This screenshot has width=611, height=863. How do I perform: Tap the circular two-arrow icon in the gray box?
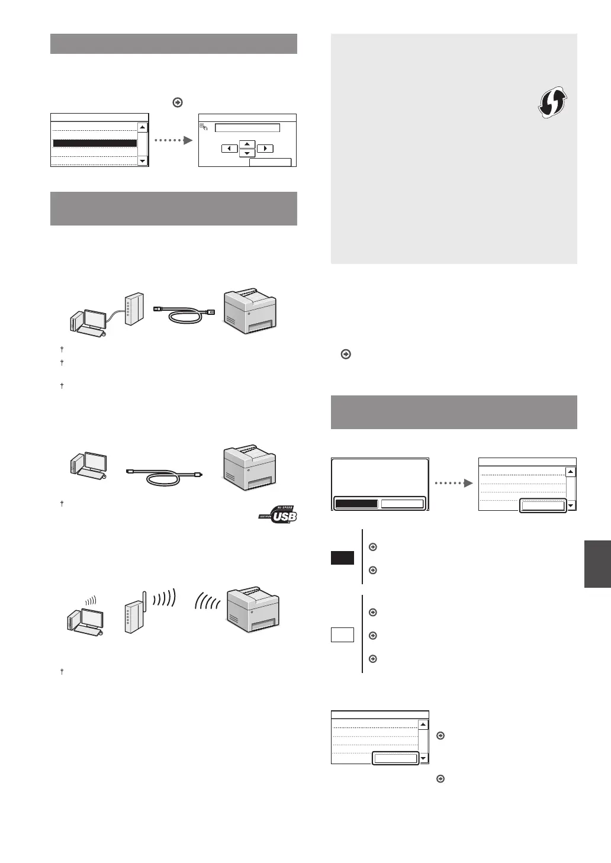(552, 103)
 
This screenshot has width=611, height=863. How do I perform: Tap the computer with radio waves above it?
(86, 619)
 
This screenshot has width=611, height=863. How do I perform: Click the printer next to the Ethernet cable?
(249, 311)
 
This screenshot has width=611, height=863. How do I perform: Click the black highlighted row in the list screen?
(95, 143)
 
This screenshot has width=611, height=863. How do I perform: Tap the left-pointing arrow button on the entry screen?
(229, 149)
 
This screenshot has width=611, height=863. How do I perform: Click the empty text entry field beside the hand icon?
(247, 127)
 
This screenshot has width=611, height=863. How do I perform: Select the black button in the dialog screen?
(356, 504)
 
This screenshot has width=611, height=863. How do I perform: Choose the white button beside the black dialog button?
(402, 504)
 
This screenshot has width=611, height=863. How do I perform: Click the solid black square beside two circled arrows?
(342, 558)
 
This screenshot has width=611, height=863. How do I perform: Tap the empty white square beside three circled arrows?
(342, 635)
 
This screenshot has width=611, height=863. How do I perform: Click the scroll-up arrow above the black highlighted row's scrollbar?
(142, 127)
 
